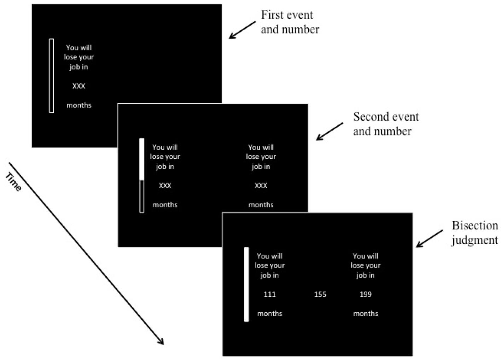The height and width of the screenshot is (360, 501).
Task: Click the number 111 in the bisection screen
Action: point(270,294)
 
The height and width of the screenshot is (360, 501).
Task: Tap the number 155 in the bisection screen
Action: point(320,294)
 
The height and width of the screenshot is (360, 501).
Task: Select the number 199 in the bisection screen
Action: point(366,294)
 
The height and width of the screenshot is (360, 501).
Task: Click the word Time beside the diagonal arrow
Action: point(13,182)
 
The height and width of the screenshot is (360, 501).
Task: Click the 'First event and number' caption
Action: point(290,22)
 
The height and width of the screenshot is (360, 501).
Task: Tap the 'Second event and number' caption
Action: point(386,124)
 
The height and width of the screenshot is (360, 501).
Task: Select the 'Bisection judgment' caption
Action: point(474,233)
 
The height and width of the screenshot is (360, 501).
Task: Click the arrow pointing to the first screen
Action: point(242,30)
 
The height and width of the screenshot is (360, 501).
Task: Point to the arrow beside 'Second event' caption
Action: point(330,131)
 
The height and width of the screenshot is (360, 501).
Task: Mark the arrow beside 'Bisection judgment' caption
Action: point(430,238)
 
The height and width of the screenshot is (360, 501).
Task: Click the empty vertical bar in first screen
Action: point(51,76)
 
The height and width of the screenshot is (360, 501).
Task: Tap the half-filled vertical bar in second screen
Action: point(141,176)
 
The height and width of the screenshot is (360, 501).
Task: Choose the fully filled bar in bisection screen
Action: point(246,284)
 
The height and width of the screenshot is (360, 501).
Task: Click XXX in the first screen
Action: point(79,86)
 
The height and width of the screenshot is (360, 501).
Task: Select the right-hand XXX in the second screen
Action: point(261,185)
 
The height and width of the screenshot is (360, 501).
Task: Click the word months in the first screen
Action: point(79,105)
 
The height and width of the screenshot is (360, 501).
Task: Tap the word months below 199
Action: point(366,313)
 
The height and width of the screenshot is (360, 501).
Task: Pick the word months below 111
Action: point(270,313)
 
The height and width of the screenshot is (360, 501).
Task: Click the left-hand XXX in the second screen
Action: point(165,185)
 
